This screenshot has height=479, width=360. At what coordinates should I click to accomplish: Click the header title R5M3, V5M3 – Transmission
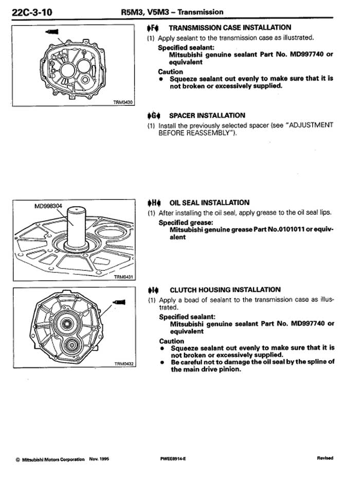(x=178, y=11)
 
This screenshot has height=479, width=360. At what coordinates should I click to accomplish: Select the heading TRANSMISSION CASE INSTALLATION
(x=230, y=28)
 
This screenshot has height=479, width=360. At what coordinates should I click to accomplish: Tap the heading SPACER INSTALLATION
(x=207, y=116)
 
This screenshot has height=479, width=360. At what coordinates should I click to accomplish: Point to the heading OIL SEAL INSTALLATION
(x=209, y=202)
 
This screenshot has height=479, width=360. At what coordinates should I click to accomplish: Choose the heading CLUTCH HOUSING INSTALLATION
(x=225, y=290)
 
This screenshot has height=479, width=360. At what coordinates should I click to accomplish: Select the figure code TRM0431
(x=123, y=277)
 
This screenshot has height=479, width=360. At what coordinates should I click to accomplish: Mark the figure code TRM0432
(x=123, y=364)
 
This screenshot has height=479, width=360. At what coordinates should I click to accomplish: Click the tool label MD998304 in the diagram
(x=48, y=207)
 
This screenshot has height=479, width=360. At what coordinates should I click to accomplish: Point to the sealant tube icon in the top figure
(x=49, y=32)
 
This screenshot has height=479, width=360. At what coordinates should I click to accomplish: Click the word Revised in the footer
(x=325, y=458)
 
